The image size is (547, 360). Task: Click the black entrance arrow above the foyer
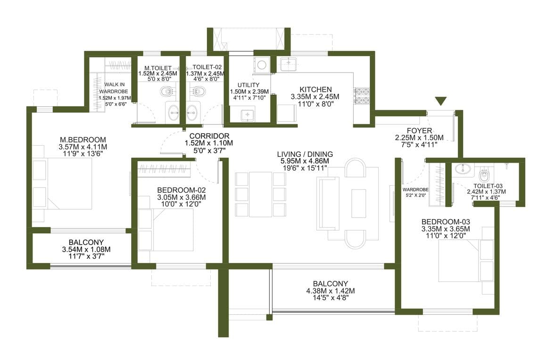click(441, 101)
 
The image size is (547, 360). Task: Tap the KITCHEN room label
click(316, 90)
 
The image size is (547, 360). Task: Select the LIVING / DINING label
click(305, 154)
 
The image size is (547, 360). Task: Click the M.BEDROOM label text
click(83, 140)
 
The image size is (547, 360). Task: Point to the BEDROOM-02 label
click(182, 190)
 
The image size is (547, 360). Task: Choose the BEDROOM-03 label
click(446, 222)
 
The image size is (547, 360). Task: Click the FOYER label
click(419, 131)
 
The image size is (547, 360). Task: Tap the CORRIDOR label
click(209, 136)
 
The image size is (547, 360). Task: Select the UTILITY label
click(249, 85)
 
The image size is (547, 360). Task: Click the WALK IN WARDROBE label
click(115, 88)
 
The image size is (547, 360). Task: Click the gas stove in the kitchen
click(361, 96)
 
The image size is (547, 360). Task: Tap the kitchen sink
click(289, 63)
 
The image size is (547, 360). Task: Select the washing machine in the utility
click(261, 65)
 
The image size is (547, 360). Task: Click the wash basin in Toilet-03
click(463, 169)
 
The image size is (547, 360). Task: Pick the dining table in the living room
click(261, 194)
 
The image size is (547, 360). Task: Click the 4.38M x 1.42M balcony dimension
click(331, 291)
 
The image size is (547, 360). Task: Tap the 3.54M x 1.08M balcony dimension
click(86, 250)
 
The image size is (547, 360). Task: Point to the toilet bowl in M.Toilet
click(167, 92)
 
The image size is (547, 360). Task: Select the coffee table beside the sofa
click(359, 204)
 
